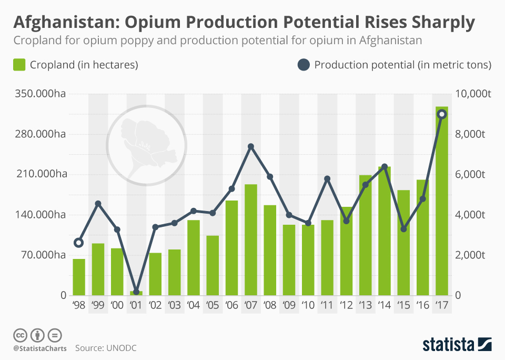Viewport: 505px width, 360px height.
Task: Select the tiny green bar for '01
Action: tap(136, 293)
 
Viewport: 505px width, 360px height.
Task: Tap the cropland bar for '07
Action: tap(251, 239)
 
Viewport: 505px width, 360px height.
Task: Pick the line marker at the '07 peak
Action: tap(251, 146)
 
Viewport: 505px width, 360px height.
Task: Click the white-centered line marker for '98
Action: tap(79, 243)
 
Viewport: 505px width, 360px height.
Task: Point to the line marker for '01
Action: tap(136, 292)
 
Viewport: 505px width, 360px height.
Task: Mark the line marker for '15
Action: tap(403, 229)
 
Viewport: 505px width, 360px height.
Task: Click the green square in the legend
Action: tap(19, 65)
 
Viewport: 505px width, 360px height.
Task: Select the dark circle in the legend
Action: tap(304, 65)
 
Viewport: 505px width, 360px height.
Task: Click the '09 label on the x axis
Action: tap(289, 305)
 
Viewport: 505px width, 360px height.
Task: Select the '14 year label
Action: tap(384, 305)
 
